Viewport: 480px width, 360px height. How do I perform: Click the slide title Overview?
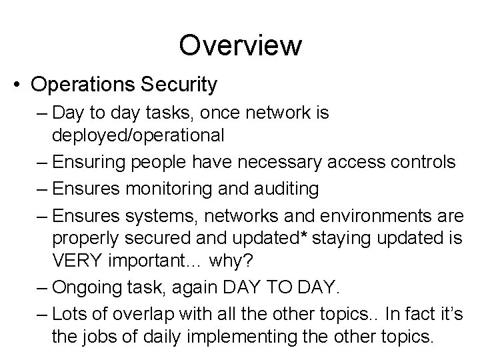point(240,46)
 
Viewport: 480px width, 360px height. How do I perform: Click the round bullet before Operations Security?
point(20,85)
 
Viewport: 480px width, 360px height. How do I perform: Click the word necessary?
point(269,162)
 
